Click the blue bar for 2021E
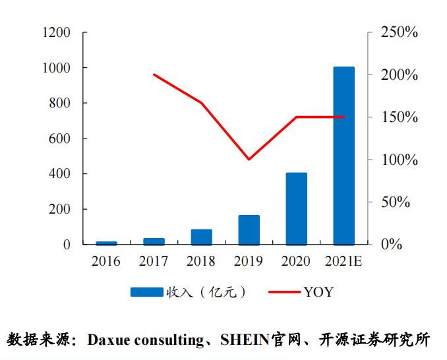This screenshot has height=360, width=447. click(x=343, y=156)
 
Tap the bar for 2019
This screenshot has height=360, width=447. click(x=249, y=229)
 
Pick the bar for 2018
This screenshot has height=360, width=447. click(x=201, y=237)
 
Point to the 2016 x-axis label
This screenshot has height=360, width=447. click(x=106, y=262)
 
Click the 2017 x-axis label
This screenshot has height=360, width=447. click(x=154, y=262)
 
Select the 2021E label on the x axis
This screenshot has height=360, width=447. click(x=343, y=262)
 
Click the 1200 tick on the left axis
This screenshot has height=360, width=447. click(x=56, y=32)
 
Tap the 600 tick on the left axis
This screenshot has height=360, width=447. click(x=59, y=138)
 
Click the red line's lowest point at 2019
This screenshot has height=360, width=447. click(x=249, y=159)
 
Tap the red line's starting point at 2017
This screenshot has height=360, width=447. click(x=154, y=75)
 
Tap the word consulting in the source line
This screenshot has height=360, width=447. click(x=169, y=340)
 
